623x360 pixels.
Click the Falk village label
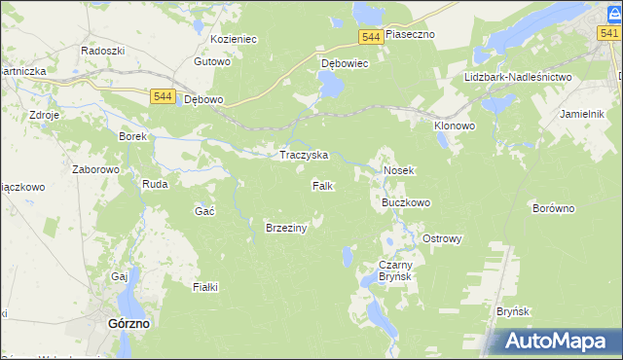323,185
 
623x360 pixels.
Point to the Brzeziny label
286,228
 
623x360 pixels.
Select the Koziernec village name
233,40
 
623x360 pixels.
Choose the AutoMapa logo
555,341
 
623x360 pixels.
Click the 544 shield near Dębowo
164,96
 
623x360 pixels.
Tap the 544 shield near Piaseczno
369,36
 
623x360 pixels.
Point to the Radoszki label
101,50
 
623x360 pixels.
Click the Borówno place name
555,208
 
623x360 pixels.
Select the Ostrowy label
442,238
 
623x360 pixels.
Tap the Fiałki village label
205,287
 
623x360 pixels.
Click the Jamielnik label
585,114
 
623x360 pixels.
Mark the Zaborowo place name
95,168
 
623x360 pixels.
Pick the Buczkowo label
405,203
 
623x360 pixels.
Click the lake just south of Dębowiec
330,88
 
